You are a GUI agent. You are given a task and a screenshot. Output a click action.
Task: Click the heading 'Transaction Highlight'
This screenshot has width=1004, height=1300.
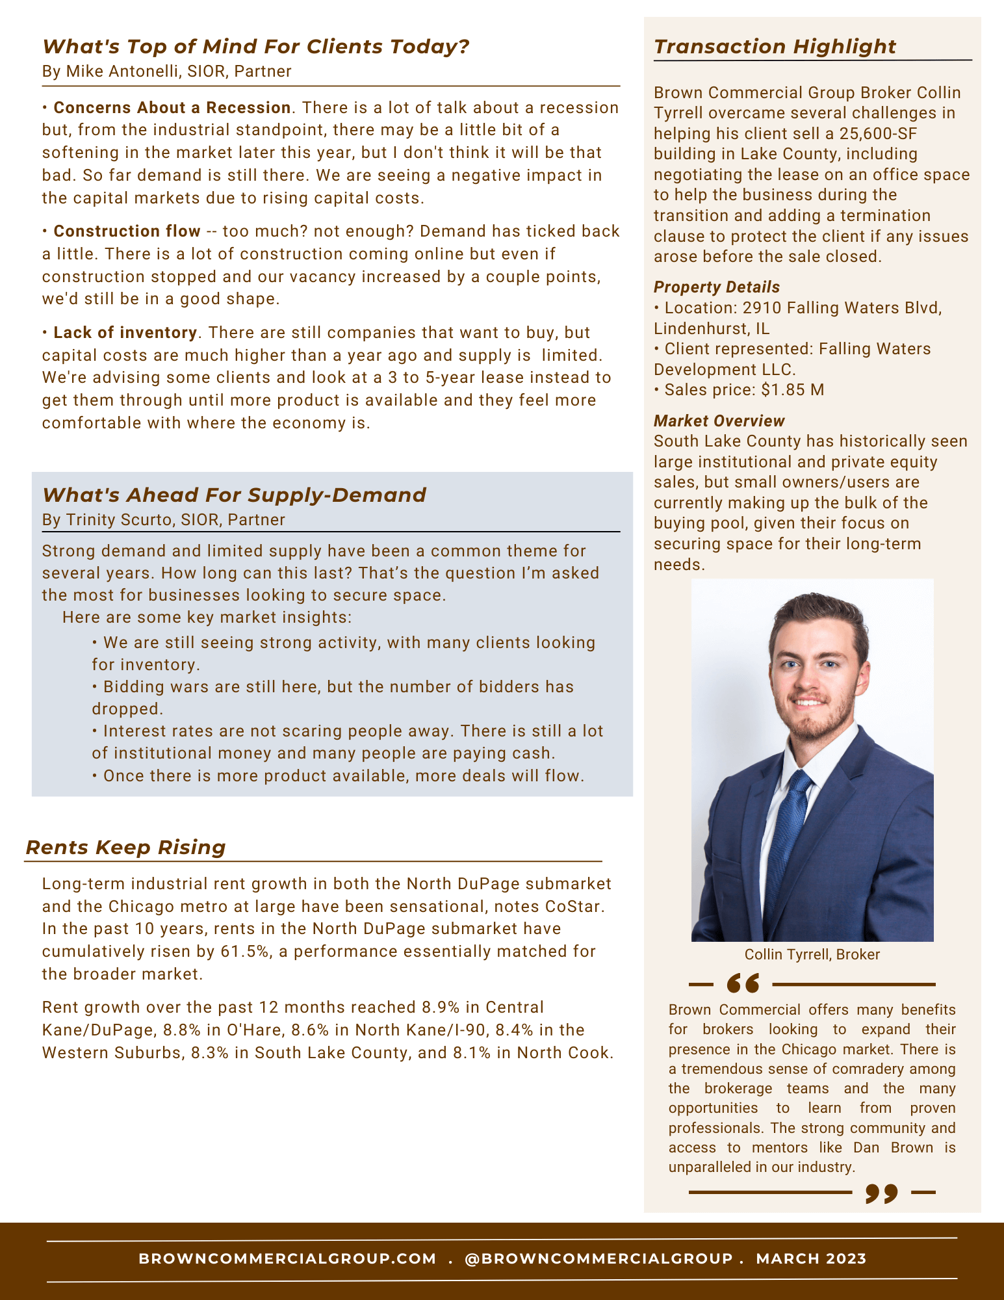[775, 47]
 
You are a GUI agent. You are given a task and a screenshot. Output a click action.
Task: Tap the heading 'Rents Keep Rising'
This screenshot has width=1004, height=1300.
[125, 848]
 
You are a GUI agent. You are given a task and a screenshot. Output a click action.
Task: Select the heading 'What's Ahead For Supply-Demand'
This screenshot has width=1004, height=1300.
[234, 495]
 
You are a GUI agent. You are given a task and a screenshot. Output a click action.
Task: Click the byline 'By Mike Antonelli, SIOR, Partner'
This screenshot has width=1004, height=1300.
[166, 71]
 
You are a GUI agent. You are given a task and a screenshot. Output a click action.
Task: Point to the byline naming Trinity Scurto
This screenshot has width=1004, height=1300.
[163, 520]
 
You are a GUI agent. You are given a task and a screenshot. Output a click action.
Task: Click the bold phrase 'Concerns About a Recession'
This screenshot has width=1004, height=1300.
[172, 108]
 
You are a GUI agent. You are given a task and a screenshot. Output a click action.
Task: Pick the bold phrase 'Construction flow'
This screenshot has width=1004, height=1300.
[127, 231]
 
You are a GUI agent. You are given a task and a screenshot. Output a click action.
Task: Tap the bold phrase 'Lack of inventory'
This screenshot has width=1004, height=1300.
[125, 333]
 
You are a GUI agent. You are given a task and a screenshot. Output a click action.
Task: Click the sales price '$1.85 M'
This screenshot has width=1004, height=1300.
[783, 390]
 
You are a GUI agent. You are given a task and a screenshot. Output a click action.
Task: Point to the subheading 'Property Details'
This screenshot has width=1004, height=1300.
[716, 287]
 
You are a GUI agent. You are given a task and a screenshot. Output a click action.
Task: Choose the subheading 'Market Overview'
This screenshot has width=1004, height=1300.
[719, 421]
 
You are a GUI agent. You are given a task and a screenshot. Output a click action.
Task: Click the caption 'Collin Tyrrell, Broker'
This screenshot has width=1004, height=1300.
[812, 954]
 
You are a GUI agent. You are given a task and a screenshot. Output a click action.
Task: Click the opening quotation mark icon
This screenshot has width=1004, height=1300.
[743, 984]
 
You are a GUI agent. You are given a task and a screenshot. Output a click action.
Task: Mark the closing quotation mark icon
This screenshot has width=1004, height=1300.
[882, 1193]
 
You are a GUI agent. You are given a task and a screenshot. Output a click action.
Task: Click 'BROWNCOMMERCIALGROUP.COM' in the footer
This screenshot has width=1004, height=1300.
[287, 1259]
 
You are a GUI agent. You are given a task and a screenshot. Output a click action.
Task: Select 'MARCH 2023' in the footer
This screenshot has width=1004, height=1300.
[811, 1259]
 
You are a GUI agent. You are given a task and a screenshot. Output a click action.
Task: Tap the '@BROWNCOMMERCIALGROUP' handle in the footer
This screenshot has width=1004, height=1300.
[599, 1259]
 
